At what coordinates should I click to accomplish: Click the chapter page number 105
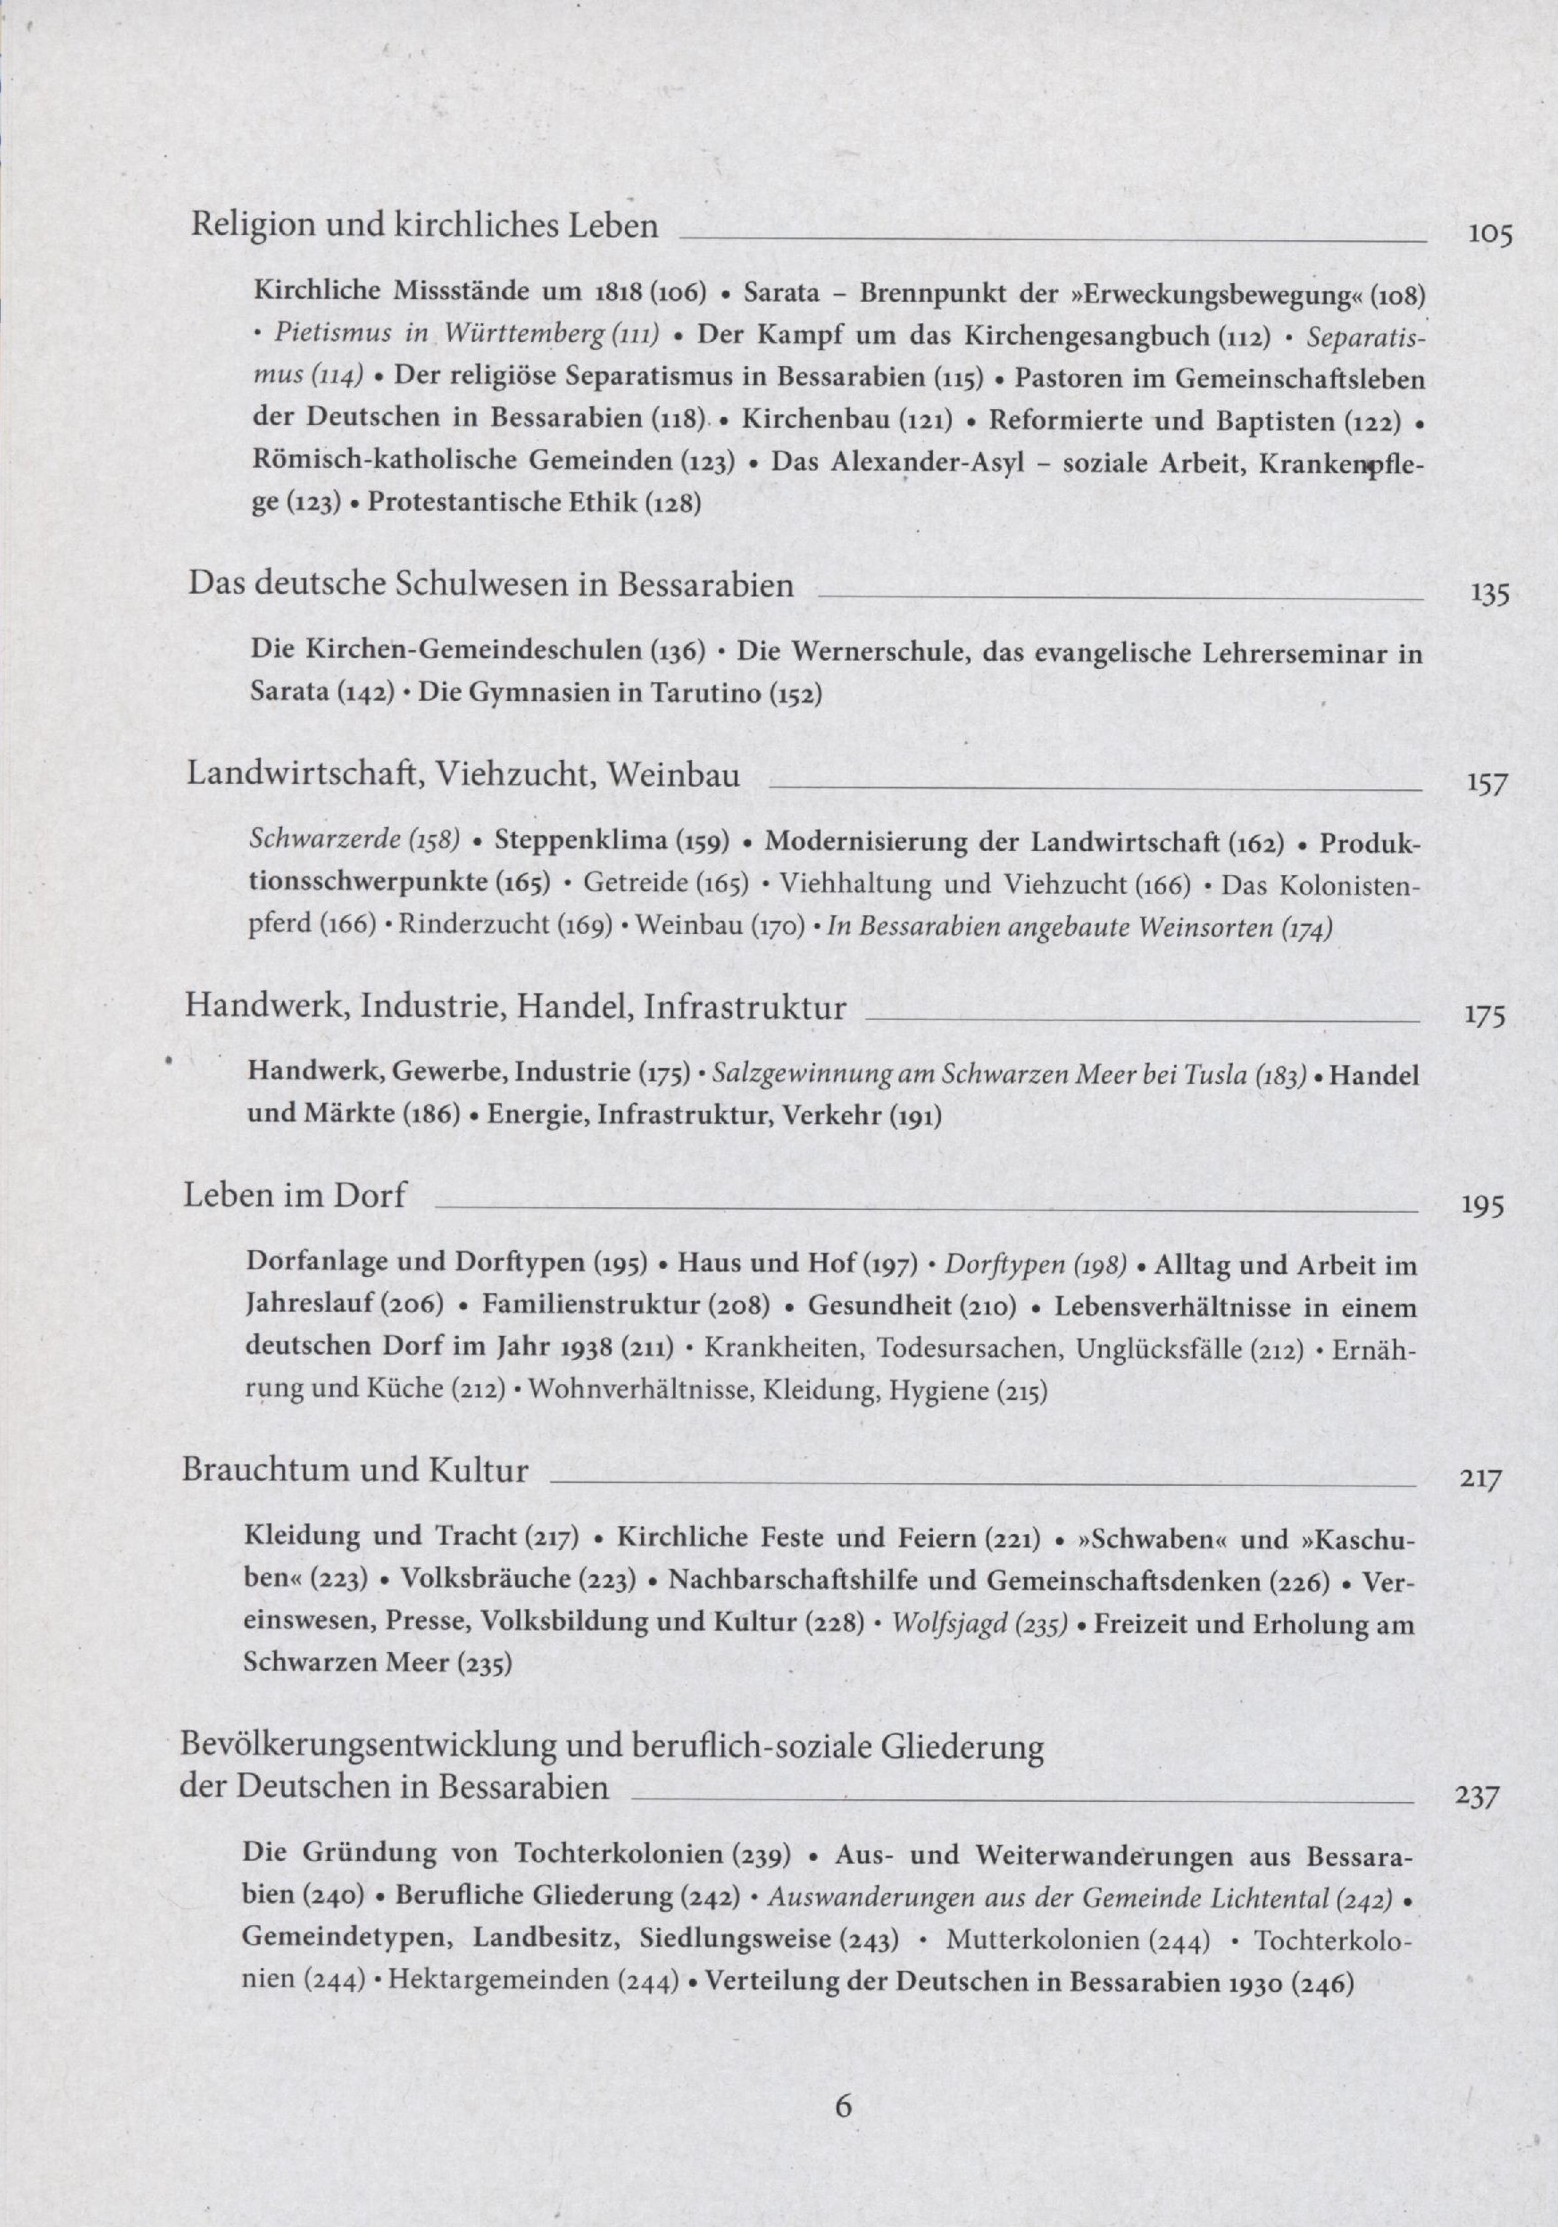click(1490, 236)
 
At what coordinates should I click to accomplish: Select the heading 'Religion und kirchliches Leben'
click(424, 226)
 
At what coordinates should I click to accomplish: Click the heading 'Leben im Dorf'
click(294, 1195)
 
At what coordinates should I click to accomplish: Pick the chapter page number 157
click(1487, 785)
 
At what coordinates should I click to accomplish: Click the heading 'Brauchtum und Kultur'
click(355, 1470)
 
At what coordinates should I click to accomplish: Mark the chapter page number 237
click(1477, 1797)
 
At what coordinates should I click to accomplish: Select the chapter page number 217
click(1480, 1480)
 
